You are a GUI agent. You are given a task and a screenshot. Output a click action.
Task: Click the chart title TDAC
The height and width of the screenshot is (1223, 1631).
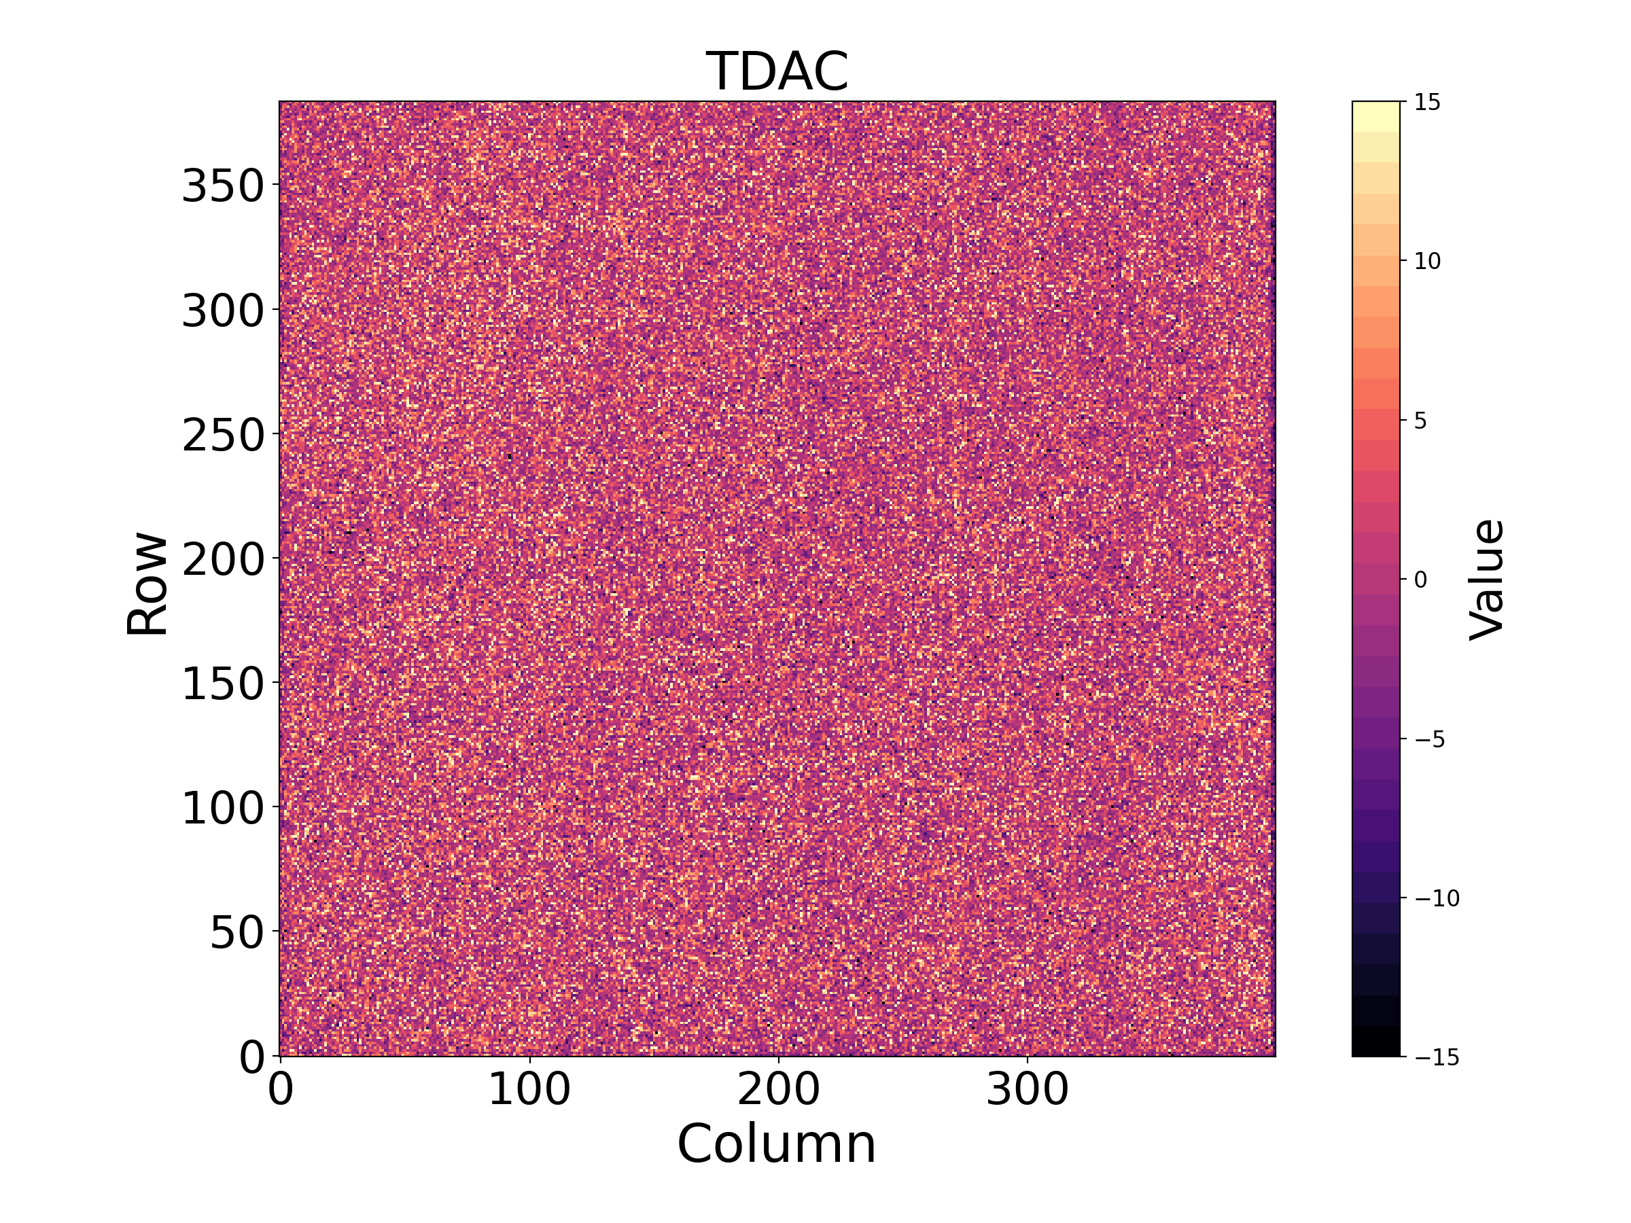coord(777,71)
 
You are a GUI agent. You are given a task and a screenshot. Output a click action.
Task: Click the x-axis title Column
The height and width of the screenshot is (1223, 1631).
coord(777,1144)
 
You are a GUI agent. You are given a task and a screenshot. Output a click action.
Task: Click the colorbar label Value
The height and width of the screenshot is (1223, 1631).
coord(1487,580)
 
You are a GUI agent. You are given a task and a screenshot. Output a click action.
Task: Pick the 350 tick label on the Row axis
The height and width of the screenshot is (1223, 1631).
coord(223,185)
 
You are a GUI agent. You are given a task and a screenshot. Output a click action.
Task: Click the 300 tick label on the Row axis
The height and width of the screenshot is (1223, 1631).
coord(223,310)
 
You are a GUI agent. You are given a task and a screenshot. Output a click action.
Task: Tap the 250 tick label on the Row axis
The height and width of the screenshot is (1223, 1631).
coord(223,434)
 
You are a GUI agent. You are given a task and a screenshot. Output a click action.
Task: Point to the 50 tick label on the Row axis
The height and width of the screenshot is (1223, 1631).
coord(236,933)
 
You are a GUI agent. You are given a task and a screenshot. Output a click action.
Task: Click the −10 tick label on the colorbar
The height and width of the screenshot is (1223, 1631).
coord(1437,898)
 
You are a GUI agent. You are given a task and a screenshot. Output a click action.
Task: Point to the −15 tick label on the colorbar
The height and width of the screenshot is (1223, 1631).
coord(1437,1057)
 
